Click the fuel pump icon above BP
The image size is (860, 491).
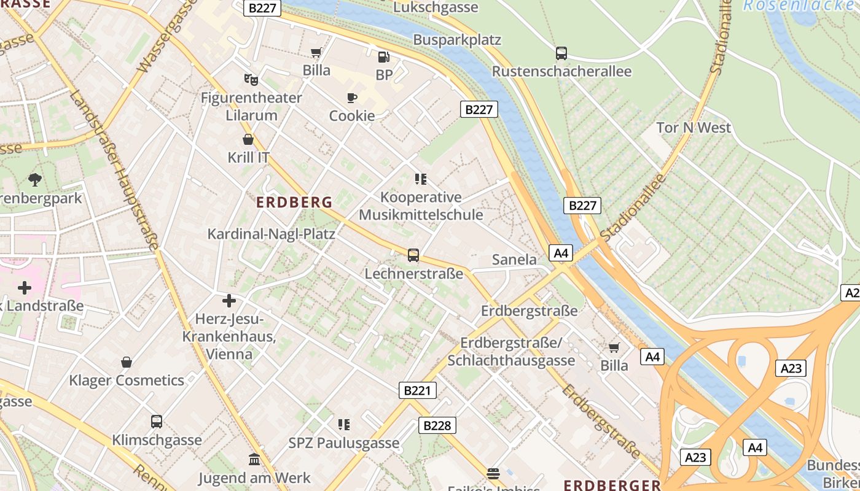click(x=383, y=57)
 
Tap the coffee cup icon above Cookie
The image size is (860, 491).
click(x=351, y=98)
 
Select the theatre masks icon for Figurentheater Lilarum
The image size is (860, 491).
click(x=251, y=79)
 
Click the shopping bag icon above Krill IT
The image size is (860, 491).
click(x=248, y=139)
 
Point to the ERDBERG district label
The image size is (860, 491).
click(x=294, y=202)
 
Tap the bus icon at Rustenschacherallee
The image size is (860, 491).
click(x=561, y=53)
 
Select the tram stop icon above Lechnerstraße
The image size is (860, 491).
click(x=413, y=255)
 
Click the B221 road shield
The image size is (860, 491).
click(x=418, y=390)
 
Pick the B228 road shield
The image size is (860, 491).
click(x=437, y=425)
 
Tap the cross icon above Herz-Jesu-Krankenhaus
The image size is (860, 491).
click(x=229, y=301)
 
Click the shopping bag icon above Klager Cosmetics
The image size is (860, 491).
click(x=127, y=362)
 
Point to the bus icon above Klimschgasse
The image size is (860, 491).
click(x=157, y=422)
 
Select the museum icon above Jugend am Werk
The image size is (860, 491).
click(x=254, y=460)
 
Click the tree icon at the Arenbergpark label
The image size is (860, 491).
click(x=35, y=180)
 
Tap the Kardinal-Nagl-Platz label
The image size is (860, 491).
click(x=271, y=234)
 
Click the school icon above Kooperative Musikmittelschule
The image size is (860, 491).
click(x=421, y=179)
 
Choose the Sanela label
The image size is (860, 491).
click(x=514, y=260)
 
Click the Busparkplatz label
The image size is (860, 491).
click(x=457, y=40)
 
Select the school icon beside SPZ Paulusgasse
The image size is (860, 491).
click(x=344, y=424)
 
